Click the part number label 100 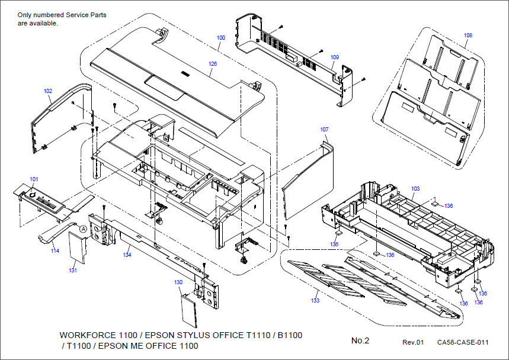pos(220,37)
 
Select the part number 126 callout pos(212,63)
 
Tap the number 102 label pos(48,91)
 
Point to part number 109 pos(335,57)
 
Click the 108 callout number pos(468,36)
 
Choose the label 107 pos(324,129)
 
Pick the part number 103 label pos(415,188)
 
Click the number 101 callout pos(34,179)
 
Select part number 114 pos(55,250)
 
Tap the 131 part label pos(73,270)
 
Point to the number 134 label pos(127,255)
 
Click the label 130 pos(178,282)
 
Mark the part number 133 pos(315,301)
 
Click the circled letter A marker pos(84,228)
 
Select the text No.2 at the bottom pos(360,340)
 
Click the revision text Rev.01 pos(414,342)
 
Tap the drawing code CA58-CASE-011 pos(463,342)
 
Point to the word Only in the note pos(25,14)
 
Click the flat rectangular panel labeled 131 pos(76,247)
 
